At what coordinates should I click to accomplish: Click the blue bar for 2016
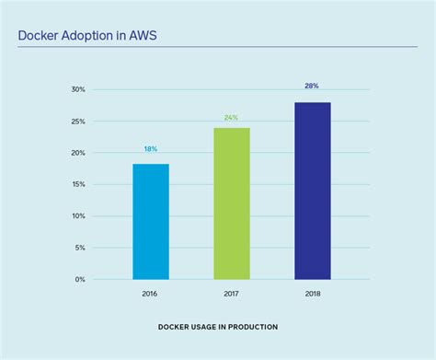pyautogui.click(x=151, y=222)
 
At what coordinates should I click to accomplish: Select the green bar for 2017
pyautogui.click(x=232, y=203)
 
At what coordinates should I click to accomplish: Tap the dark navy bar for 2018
pyautogui.click(x=312, y=191)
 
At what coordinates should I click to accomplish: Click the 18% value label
pyautogui.click(x=151, y=149)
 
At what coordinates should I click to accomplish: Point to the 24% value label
pyautogui.click(x=232, y=117)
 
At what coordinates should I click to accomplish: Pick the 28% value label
pyautogui.click(x=312, y=86)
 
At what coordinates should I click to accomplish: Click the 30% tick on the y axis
pyautogui.click(x=77, y=90)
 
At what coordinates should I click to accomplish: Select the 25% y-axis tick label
pyautogui.click(x=77, y=122)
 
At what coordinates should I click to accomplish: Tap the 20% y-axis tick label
pyautogui.click(x=77, y=153)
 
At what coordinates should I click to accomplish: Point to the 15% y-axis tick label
pyautogui.click(x=77, y=184)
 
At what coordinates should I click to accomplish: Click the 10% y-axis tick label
pyautogui.click(x=77, y=215)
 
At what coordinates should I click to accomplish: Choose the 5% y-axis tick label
pyautogui.click(x=79, y=248)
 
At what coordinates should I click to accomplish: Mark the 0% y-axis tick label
pyautogui.click(x=79, y=279)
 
